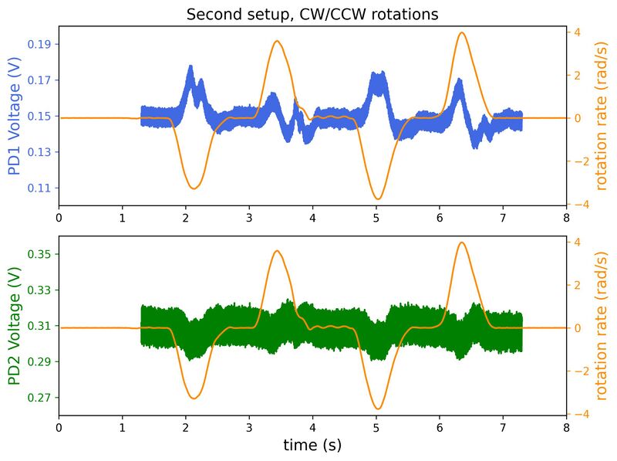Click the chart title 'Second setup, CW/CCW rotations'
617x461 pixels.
[x=312, y=15]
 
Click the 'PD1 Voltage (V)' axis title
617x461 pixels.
[x=14, y=116]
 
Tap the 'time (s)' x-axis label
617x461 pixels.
[x=312, y=446]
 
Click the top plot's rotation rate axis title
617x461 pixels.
[x=602, y=116]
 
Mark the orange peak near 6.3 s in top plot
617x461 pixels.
[x=461, y=32]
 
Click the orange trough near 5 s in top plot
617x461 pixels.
[x=377, y=199]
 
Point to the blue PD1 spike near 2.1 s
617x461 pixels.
[x=190, y=67]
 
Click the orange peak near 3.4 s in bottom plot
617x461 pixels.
[x=277, y=251]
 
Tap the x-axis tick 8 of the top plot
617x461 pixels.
[x=567, y=218]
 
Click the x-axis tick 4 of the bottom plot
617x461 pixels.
[x=312, y=427]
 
